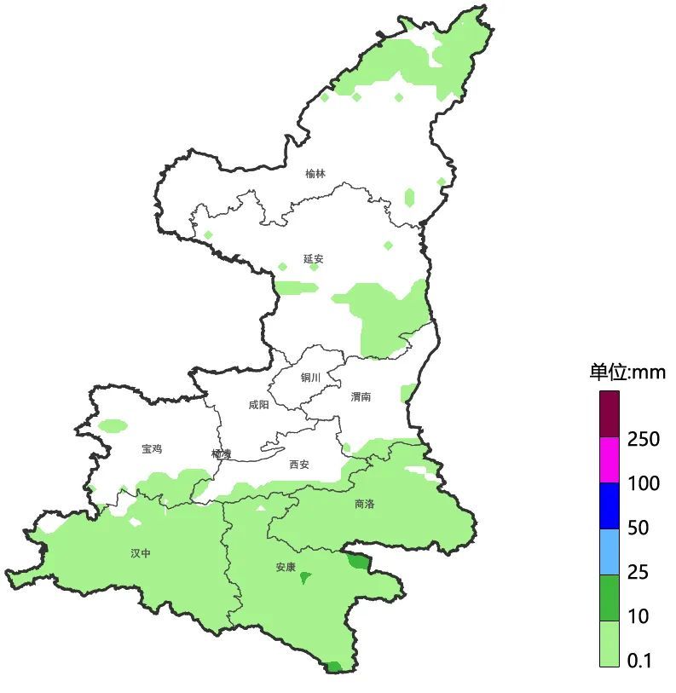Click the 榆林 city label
[315, 174]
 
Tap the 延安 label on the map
[313, 258]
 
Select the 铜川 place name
[309, 378]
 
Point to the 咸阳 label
[258, 405]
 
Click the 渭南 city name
[361, 396]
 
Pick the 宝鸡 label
[152, 448]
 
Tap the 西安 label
[298, 465]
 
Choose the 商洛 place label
[364, 504]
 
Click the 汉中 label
[141, 553]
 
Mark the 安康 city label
[286, 567]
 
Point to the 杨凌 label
[222, 453]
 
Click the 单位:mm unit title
[627, 372]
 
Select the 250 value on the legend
[644, 440]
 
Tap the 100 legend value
[644, 484]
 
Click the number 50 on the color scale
[638, 528]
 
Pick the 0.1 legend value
[639, 661]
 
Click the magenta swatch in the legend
[609, 460]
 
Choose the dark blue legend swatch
[609, 505]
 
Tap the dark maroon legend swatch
[609, 414]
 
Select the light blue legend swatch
[609, 552]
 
